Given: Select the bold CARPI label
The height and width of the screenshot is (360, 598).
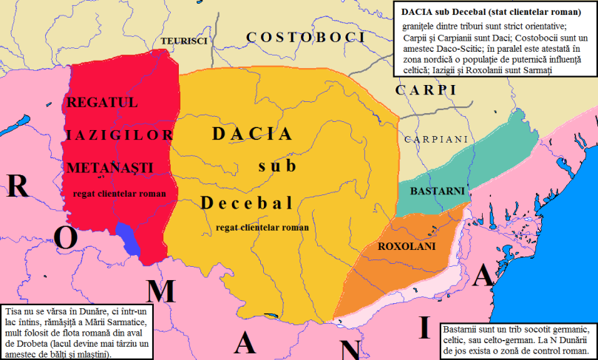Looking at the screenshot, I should click(424, 90).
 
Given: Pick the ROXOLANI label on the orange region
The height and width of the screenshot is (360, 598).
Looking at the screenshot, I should click(407, 245).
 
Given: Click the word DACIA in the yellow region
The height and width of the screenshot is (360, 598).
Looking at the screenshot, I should click(252, 134).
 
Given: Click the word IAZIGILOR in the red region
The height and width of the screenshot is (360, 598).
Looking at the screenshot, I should click(120, 135).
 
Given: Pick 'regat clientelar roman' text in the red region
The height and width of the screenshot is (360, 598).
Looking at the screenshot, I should click(118, 194).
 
